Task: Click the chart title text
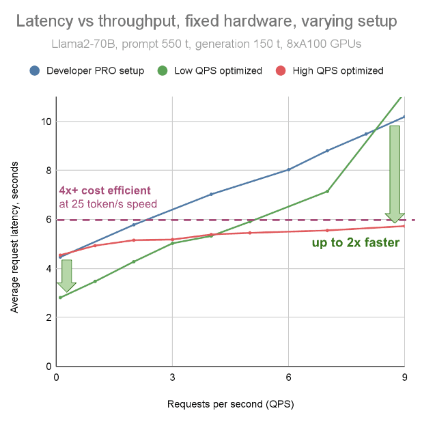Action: coord(206,21)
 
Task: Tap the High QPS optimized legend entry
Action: coord(337,70)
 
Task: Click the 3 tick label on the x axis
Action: coord(172,377)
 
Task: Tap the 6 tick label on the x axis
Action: coord(288,377)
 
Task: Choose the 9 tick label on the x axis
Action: coord(404,377)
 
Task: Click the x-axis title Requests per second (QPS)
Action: coord(230,404)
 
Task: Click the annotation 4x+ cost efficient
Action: coord(104,190)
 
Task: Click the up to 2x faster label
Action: coord(356,242)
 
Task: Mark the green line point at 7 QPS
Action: coord(327,191)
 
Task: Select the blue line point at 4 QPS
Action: coord(211,194)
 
